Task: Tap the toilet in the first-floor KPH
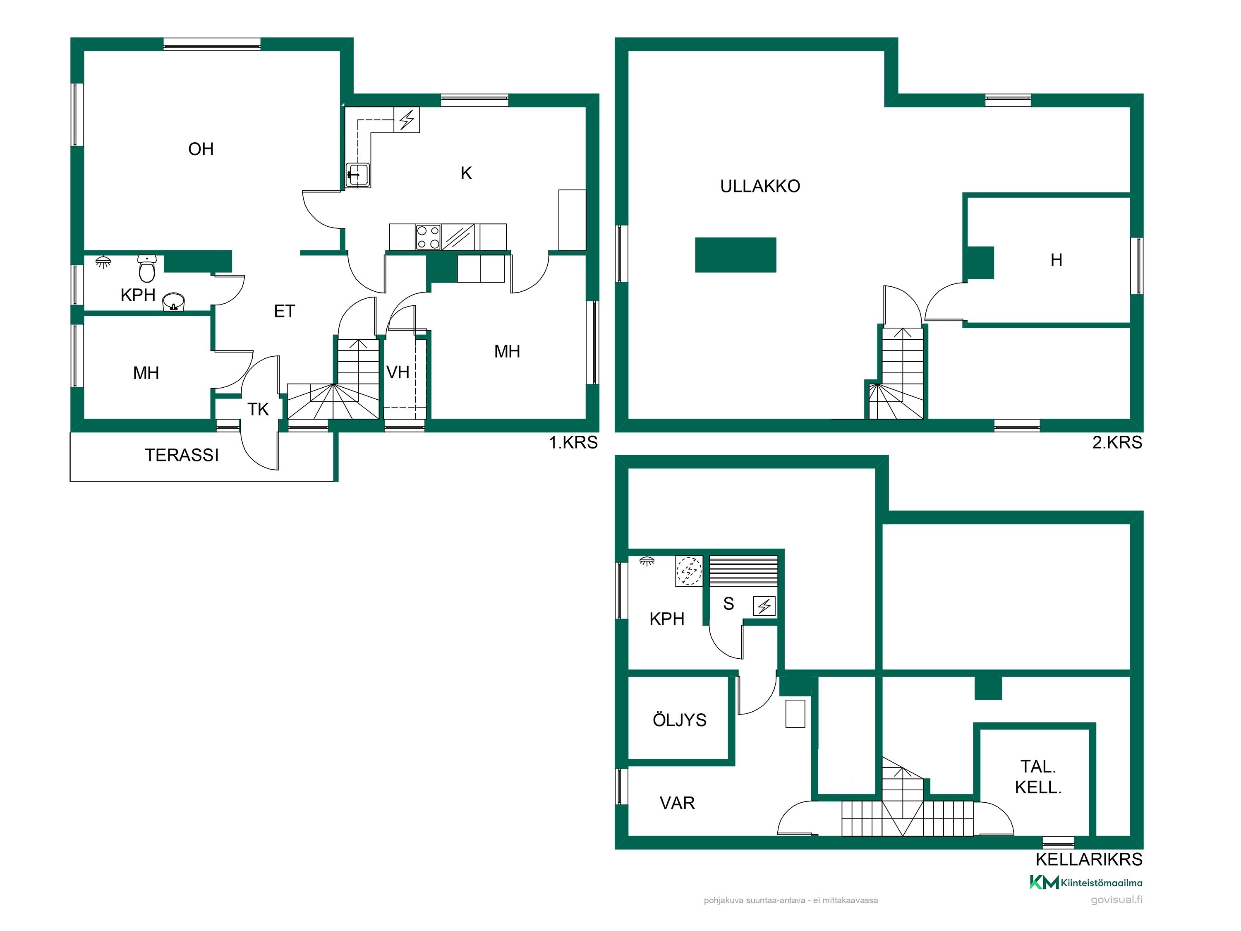coord(147,268)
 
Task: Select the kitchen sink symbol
coord(357,175)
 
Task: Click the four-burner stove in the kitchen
coord(428,237)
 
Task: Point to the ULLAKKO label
coord(760,186)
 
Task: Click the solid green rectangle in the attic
coord(735,255)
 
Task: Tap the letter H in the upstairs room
coord(1057,260)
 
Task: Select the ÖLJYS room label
coord(679,720)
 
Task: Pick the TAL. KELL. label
coord(1038,777)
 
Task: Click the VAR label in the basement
coord(677,803)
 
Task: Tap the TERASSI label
coord(182,455)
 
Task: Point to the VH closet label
coord(398,372)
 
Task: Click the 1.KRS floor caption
coord(573,442)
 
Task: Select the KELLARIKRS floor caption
coord(1089,859)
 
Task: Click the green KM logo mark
coord(1044,883)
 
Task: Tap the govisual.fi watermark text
coord(1116,900)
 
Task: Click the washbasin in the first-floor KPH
coord(173,301)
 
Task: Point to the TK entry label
coord(258,409)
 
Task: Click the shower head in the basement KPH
coord(647,561)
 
